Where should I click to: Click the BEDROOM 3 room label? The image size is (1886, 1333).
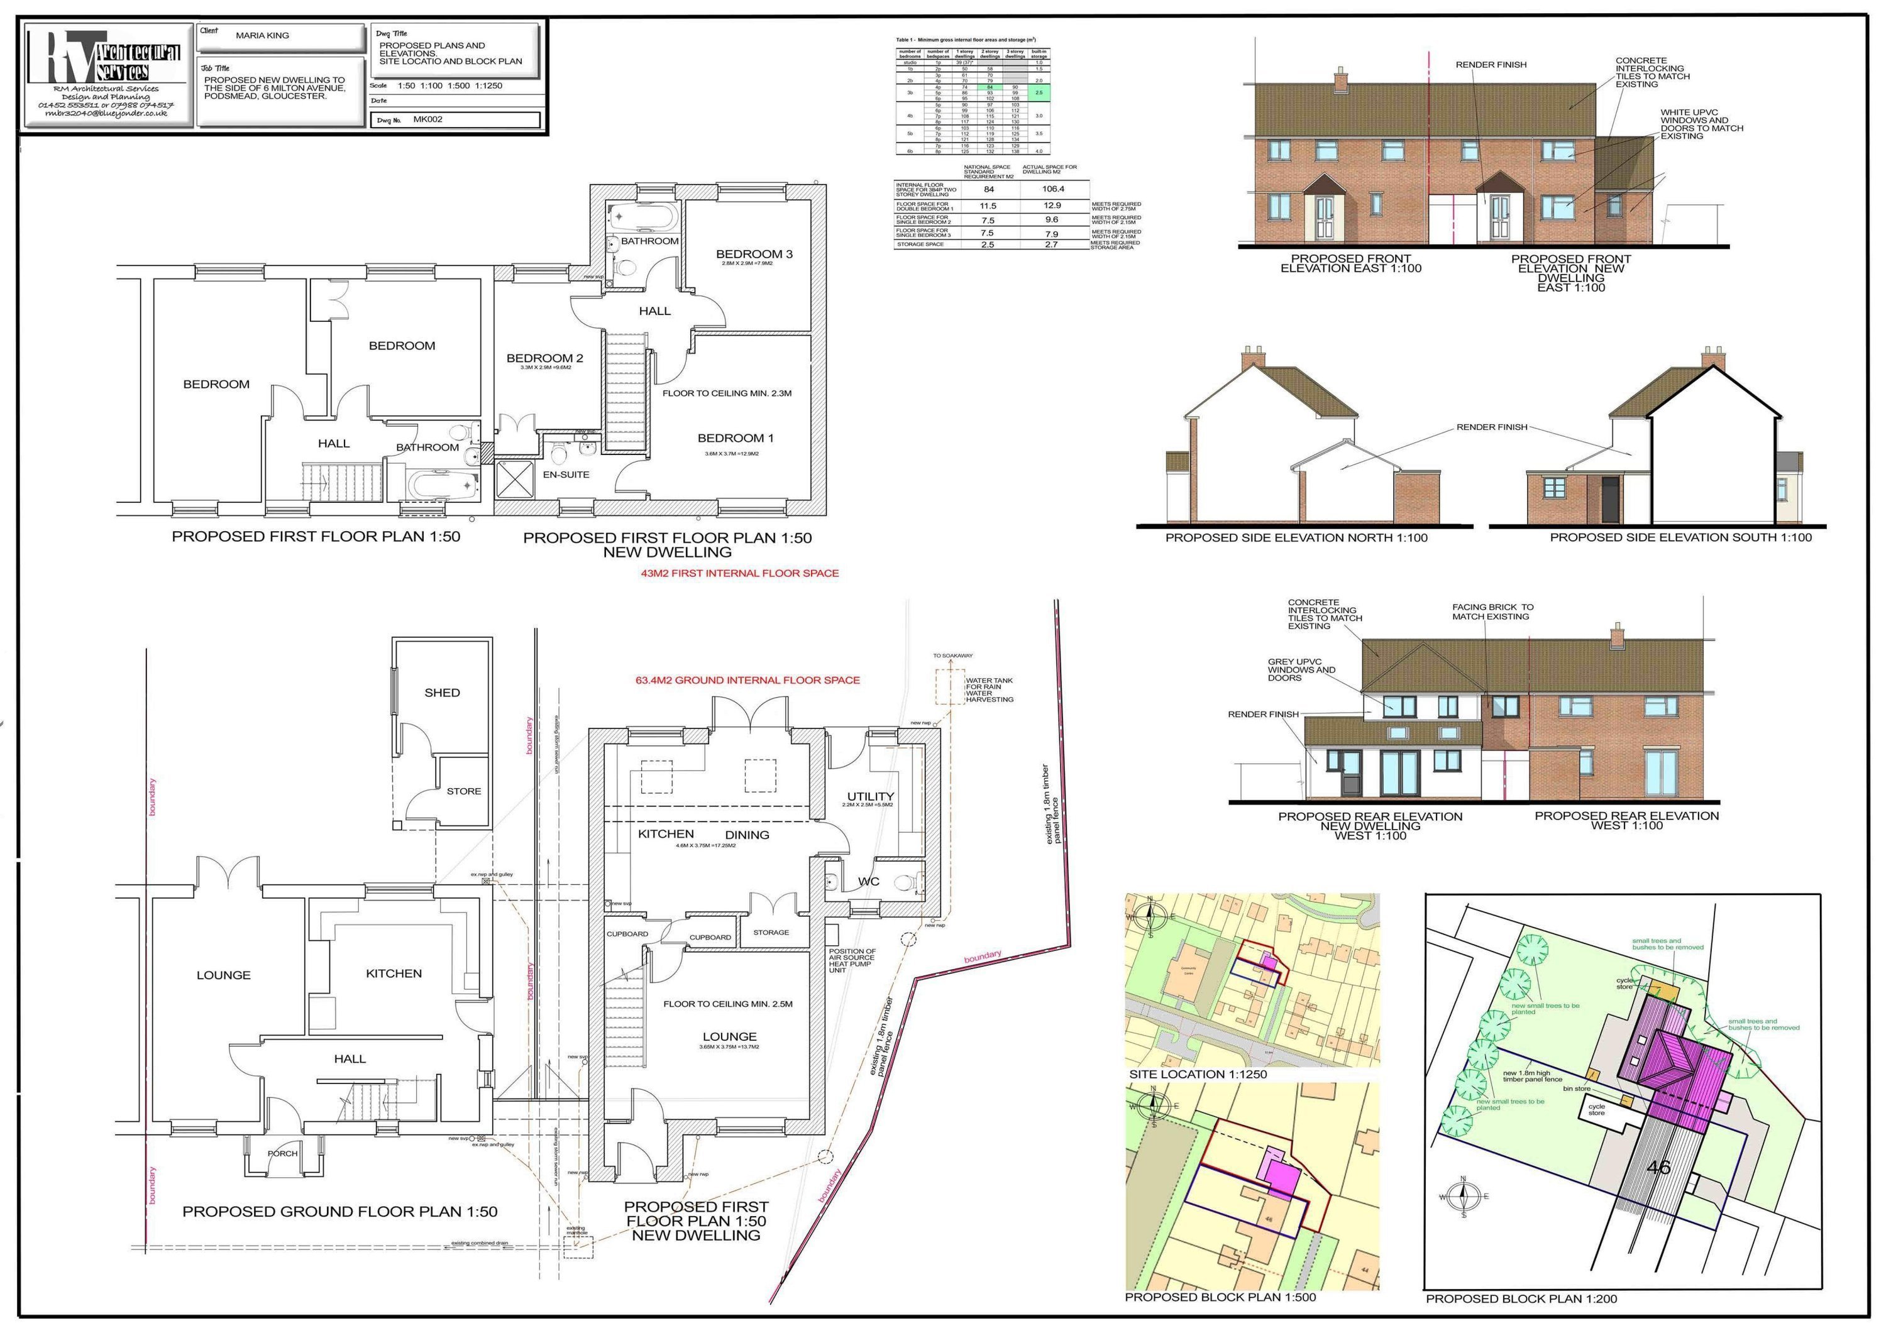pos(753,254)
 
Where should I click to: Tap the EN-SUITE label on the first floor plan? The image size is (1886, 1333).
pos(565,475)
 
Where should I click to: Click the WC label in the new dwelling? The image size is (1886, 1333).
pos(868,881)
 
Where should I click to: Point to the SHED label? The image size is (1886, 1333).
pos(442,693)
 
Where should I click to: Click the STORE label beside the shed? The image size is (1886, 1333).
pos(463,791)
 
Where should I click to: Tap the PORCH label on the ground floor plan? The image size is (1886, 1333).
pos(282,1153)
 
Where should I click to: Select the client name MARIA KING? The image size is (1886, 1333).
pos(262,35)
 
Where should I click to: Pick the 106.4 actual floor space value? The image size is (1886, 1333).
pos(1052,189)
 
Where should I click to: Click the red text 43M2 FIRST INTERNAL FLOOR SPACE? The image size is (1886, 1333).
pos(739,573)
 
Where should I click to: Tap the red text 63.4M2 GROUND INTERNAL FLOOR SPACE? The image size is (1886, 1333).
pos(747,680)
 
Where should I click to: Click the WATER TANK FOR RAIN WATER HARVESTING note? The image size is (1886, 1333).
pos(989,690)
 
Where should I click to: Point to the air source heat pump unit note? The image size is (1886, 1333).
pos(852,960)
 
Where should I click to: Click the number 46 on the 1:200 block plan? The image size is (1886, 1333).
pos(1658,1167)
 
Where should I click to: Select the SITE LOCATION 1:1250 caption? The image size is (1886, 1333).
pos(1198,1074)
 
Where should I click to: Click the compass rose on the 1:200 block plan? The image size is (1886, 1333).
pos(1462,1196)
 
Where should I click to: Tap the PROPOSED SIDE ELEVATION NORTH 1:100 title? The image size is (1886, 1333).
pos(1296,538)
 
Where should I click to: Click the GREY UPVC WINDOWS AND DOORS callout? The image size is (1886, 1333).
pos(1301,669)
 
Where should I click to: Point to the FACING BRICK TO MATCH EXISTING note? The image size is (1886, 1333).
pos(1492,612)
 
